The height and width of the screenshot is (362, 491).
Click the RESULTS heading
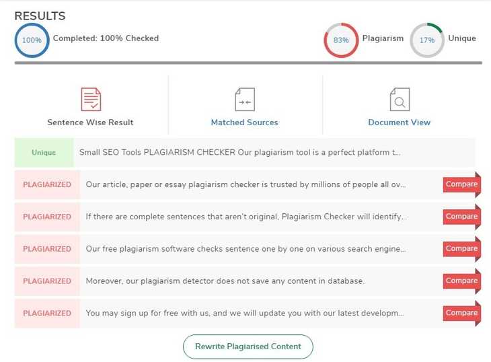40,16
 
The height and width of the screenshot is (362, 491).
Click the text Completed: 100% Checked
106,38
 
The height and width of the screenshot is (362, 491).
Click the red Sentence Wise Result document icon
91,100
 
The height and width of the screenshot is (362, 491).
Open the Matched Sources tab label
245,122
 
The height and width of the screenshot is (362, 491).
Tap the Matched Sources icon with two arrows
245,100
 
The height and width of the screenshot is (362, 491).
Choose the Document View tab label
400,122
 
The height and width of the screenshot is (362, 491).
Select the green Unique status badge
44,153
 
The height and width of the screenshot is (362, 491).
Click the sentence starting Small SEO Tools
240,153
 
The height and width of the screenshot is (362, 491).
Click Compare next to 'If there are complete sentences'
461,217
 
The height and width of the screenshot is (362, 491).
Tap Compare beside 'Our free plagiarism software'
461,249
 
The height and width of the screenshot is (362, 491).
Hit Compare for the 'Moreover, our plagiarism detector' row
461,281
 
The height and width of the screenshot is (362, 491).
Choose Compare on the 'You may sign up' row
461,313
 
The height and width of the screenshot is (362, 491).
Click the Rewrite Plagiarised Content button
248,347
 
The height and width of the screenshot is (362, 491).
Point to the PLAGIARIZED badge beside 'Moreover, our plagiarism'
47,281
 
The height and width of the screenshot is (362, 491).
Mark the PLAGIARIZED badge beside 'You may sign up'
47,313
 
